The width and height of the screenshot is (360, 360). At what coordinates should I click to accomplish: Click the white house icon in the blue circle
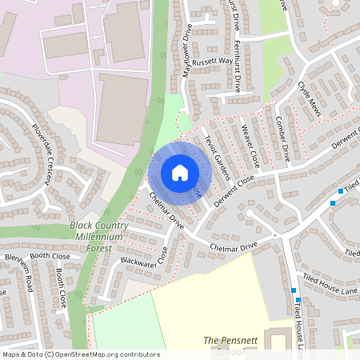[180, 172]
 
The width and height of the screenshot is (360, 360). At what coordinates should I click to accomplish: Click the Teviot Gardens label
[216, 155]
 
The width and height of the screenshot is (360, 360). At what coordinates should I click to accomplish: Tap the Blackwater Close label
[145, 256]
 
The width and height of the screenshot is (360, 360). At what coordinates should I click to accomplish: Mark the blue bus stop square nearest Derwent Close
[333, 203]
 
